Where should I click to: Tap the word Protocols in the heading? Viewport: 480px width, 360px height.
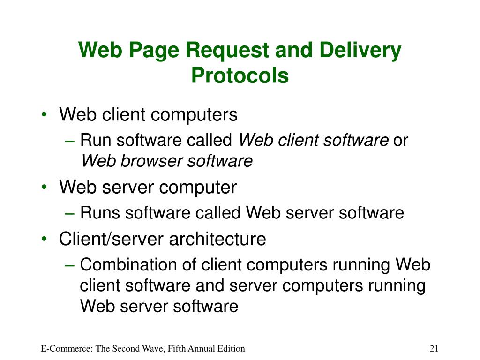click(240, 75)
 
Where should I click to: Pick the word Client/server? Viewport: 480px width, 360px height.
click(111, 239)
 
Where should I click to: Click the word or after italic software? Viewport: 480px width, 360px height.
click(401, 140)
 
